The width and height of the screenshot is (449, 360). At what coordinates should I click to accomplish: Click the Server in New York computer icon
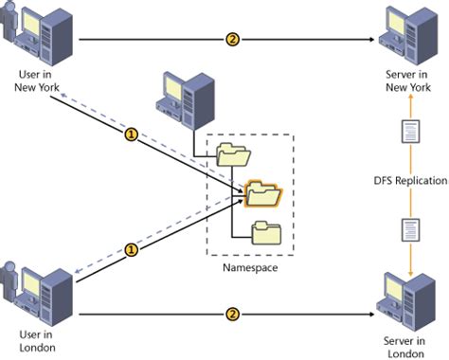coord(406,34)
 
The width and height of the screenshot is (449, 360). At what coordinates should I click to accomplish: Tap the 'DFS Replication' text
coord(409,180)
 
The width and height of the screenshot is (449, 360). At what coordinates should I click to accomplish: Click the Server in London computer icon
coord(406,297)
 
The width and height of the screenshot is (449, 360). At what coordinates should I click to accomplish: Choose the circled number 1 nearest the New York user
coord(133,134)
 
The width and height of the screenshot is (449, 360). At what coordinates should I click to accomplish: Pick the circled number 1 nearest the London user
coord(133,250)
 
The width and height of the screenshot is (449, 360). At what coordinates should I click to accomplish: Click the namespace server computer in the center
coord(188,99)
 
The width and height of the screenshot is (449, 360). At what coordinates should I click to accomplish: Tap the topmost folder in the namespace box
coord(232,153)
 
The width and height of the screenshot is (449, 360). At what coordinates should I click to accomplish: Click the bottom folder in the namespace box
coord(266,231)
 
